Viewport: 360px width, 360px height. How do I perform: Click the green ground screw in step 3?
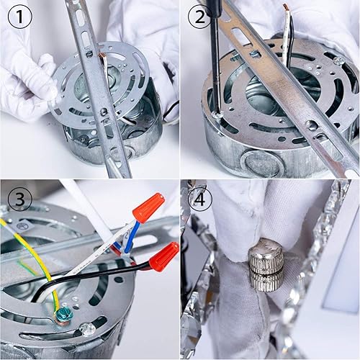coord(63,315)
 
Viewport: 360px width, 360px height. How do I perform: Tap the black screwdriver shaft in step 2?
coord(215,58)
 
